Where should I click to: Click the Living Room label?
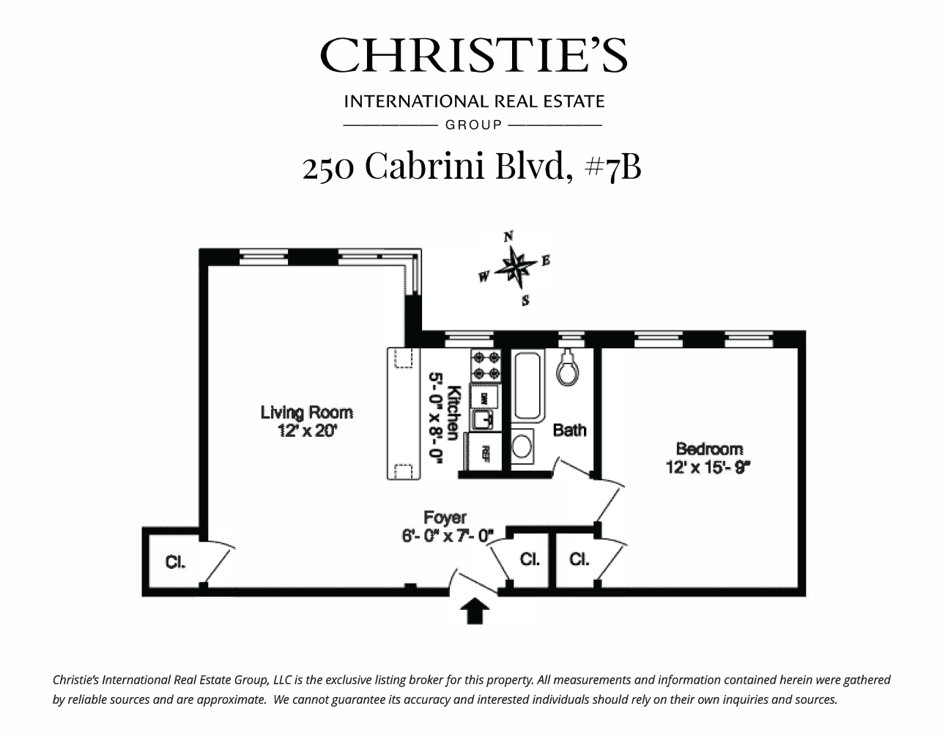pyautogui.click(x=306, y=413)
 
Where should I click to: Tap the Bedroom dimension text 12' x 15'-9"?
pyautogui.click(x=708, y=466)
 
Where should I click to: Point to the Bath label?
pyautogui.click(x=569, y=430)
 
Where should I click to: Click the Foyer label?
pyautogui.click(x=445, y=518)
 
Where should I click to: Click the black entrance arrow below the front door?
pyautogui.click(x=475, y=610)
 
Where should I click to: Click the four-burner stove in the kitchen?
pyautogui.click(x=486, y=365)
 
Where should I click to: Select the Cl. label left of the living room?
pyautogui.click(x=175, y=562)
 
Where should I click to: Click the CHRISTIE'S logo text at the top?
pyautogui.click(x=473, y=55)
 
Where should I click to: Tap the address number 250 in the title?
pyautogui.click(x=329, y=166)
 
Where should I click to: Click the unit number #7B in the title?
pyautogui.click(x=612, y=166)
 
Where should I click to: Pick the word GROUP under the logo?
pyautogui.click(x=473, y=125)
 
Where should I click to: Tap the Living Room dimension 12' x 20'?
pyautogui.click(x=306, y=431)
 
